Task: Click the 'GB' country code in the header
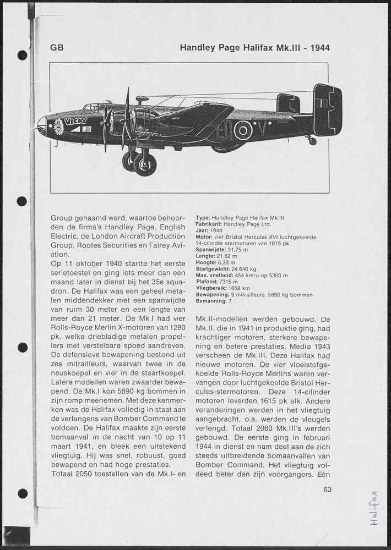tap(57, 48)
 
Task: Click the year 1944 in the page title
tap(320, 48)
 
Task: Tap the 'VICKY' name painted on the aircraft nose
tap(75, 121)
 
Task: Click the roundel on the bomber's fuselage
tap(243, 130)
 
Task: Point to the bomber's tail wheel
tap(312, 141)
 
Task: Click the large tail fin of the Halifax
tap(328, 110)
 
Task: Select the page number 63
tap(328, 490)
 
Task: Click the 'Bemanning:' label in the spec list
tap(211, 301)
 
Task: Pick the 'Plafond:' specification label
tap(207, 282)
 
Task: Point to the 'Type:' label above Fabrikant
tap(203, 218)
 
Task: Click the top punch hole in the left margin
tap(22, 55)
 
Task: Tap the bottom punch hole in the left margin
tap(22, 493)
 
